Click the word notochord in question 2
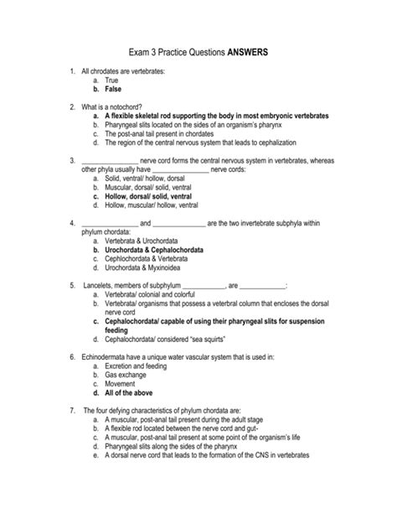(x=132, y=106)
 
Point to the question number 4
(x=75, y=223)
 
